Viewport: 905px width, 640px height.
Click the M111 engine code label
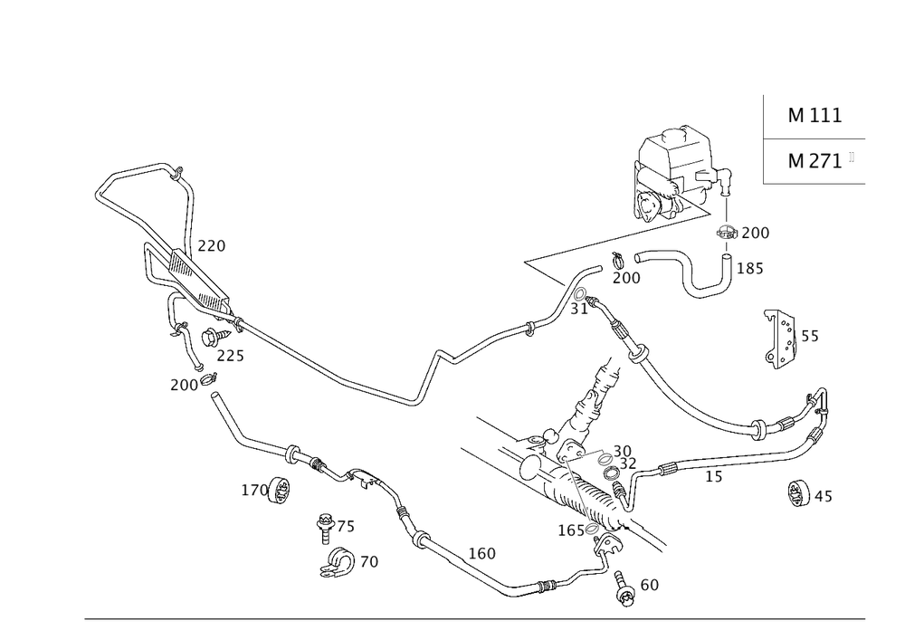point(814,116)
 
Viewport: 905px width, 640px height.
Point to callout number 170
point(252,491)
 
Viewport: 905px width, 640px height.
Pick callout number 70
point(368,562)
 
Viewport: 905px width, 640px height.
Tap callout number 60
point(649,586)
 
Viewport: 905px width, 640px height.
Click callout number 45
point(824,497)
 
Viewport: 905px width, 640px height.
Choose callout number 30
point(622,450)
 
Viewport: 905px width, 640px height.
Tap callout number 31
point(579,310)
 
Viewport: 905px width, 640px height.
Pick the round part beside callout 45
point(798,492)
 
